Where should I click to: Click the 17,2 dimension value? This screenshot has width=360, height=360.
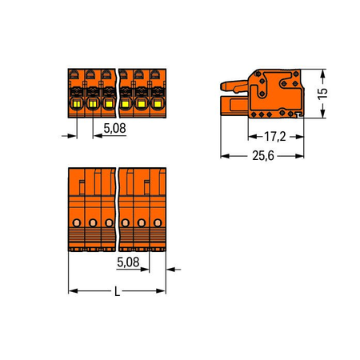coord(275,137)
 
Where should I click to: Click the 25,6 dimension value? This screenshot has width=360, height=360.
coord(263,156)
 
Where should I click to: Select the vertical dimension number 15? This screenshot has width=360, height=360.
coord(322,94)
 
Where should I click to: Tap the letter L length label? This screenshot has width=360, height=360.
coord(117,291)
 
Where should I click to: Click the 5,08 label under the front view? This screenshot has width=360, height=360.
coord(114,128)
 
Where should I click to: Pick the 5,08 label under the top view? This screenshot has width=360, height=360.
coord(128,262)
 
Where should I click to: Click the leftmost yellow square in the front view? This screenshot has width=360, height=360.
coord(77,104)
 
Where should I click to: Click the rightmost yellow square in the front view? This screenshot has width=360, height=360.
coord(158,104)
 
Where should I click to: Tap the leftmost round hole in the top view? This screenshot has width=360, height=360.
coord(77,222)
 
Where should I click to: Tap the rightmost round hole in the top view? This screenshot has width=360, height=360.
coord(158,222)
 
